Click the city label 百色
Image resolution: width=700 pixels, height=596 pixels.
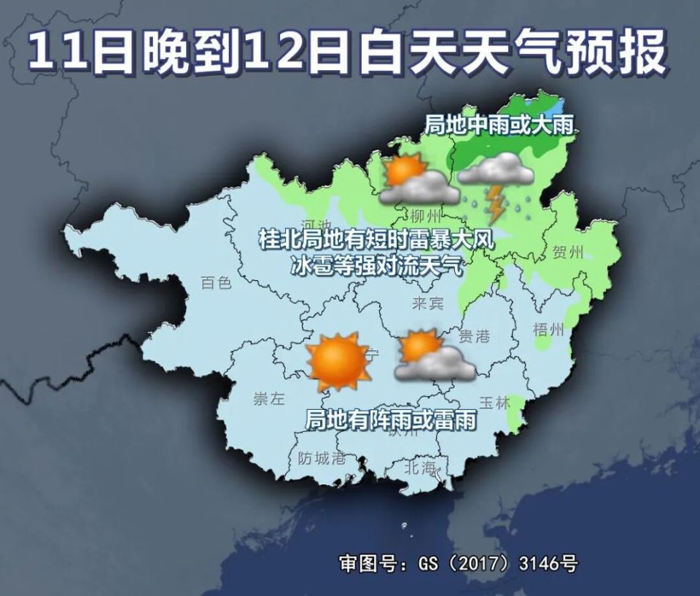tap(216, 282)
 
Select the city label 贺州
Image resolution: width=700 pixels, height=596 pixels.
tap(568, 253)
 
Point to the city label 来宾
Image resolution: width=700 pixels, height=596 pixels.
tap(427, 303)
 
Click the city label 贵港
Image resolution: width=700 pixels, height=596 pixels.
tap(474, 336)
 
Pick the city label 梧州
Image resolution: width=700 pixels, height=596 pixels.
tap(548, 329)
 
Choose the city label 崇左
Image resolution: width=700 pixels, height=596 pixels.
tap(268, 398)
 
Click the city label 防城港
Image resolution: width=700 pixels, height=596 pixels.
tap(322, 458)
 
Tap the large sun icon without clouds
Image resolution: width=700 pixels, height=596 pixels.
tap(338, 361)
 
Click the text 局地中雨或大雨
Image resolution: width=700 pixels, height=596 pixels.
tap(500, 125)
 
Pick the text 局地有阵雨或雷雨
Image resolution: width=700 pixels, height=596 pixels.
tap(390, 419)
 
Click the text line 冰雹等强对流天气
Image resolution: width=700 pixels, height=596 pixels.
tap(376, 266)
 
